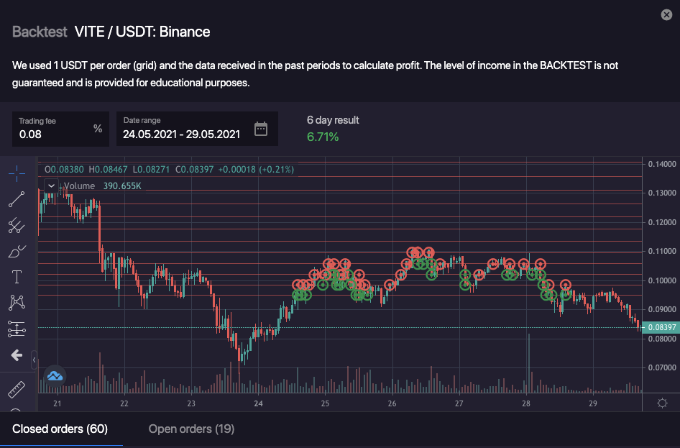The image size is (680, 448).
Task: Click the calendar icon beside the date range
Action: (x=261, y=129)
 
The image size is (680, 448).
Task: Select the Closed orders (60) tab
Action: (x=60, y=429)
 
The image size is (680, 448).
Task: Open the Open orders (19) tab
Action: (x=191, y=429)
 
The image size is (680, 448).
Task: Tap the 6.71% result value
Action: (x=323, y=137)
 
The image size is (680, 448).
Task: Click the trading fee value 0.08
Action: (x=31, y=134)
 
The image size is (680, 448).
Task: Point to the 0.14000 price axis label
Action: (x=663, y=164)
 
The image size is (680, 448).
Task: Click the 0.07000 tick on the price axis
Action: (x=663, y=367)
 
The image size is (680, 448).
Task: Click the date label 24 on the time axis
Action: (x=258, y=404)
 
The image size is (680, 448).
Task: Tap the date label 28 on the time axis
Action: (x=526, y=404)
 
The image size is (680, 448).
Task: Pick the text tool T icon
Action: (x=17, y=277)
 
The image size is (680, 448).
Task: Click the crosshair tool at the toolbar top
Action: (x=17, y=173)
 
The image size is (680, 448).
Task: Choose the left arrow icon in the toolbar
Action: (x=17, y=355)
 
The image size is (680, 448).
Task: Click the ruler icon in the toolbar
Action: (x=17, y=390)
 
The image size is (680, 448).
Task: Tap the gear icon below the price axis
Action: (x=663, y=403)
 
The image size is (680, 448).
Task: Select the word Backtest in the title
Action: (x=40, y=32)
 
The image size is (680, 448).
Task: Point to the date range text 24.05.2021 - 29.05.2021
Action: (x=181, y=134)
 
